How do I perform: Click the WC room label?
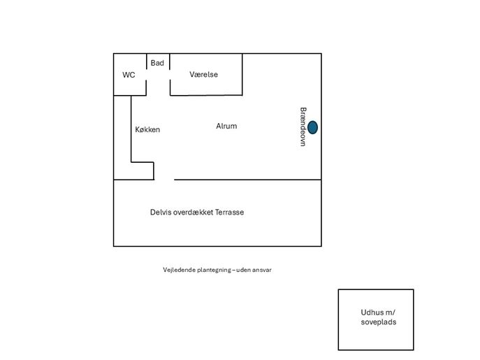[129, 75]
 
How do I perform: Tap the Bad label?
[157, 63]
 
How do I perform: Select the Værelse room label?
[203, 74]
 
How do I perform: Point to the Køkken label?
[147, 129]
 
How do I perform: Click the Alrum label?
[226, 127]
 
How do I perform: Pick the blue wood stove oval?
[312, 127]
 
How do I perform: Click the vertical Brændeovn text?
[303, 127]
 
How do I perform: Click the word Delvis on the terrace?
[161, 212]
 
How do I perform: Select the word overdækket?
[194, 212]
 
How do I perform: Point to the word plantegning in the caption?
[214, 270]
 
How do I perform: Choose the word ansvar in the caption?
[260, 270]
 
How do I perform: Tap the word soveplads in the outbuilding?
[379, 322]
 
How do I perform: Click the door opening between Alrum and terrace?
[164, 180]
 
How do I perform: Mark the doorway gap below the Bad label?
[159, 87]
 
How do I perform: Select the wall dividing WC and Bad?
[147, 63]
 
